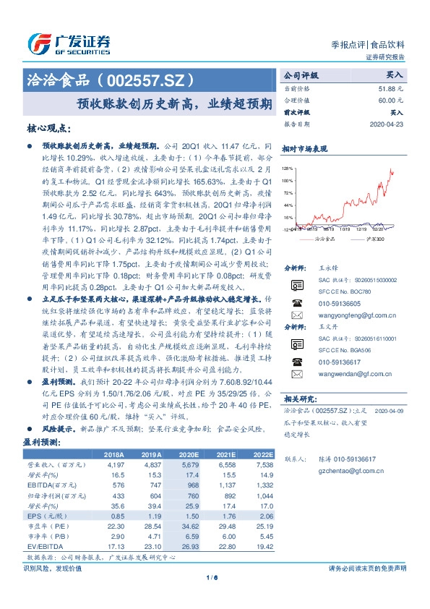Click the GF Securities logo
69,43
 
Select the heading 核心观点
48,128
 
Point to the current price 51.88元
391,88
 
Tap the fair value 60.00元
391,100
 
